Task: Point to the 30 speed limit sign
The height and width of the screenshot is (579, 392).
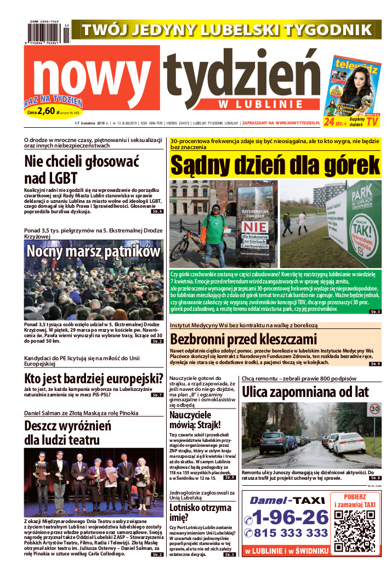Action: point(374,409)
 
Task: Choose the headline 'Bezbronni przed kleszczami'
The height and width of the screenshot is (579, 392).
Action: point(243,338)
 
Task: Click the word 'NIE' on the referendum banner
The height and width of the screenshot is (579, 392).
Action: point(257,226)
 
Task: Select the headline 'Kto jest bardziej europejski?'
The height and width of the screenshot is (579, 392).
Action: point(94,378)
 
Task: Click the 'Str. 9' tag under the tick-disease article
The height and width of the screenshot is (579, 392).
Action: point(375,364)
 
